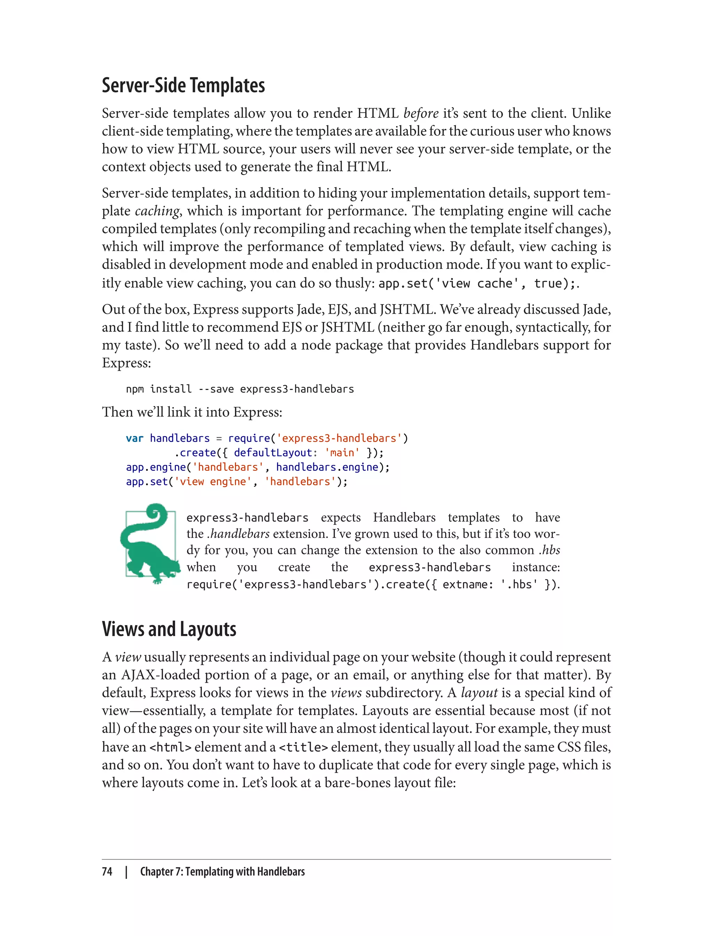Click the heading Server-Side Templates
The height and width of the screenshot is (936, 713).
[183, 85]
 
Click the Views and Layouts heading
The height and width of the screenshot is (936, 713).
[169, 629]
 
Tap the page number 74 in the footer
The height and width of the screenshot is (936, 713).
[107, 872]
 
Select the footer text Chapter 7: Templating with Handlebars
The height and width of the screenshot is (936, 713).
[222, 872]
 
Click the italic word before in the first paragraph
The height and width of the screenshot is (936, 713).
[421, 113]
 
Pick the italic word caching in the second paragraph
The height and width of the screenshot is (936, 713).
[157, 211]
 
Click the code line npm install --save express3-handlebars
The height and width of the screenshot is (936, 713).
[240, 389]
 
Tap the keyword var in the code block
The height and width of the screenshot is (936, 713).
[134, 438]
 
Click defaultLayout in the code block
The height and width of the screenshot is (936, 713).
[273, 453]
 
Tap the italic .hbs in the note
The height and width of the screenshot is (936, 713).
[550, 550]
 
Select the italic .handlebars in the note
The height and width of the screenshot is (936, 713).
[238, 533]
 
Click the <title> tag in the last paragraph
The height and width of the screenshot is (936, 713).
[304, 747]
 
